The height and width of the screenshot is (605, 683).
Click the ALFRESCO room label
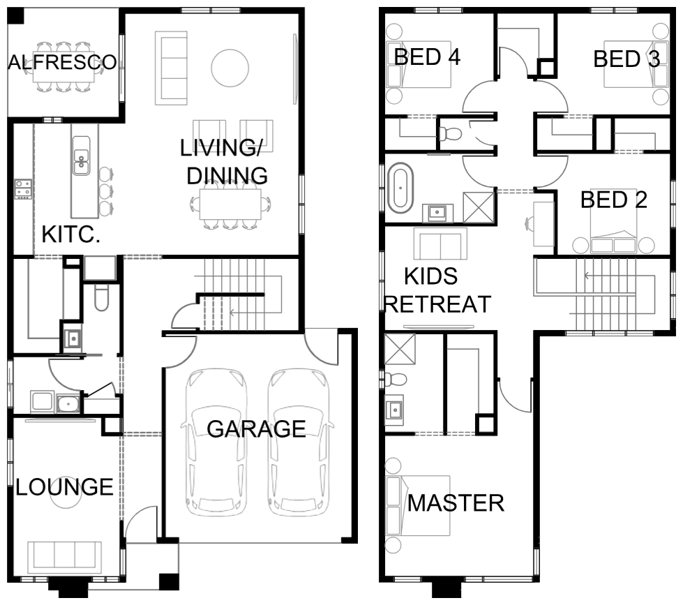point(63,62)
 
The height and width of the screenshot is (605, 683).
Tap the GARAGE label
point(256,428)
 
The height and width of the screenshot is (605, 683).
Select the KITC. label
point(71,234)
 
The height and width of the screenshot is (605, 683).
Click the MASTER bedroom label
point(456,503)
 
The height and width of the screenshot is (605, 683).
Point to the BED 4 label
point(427,57)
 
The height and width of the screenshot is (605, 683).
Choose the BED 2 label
point(614,200)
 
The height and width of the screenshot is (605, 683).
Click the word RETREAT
point(437,304)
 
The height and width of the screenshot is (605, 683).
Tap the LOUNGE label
point(64,487)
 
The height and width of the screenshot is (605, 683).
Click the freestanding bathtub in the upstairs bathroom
point(400,188)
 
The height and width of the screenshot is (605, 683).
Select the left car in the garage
point(216,442)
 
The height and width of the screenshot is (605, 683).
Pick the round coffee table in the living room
point(230,68)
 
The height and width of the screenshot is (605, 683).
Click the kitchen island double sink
point(81,156)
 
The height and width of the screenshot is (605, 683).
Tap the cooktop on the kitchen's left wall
point(23,189)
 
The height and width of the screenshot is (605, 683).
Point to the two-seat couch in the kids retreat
point(440,244)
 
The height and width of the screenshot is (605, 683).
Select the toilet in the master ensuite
point(396,379)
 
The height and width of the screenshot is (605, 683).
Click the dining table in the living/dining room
point(230,204)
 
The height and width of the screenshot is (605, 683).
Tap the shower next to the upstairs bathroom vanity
point(479,207)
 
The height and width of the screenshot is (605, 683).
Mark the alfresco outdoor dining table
point(63,67)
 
